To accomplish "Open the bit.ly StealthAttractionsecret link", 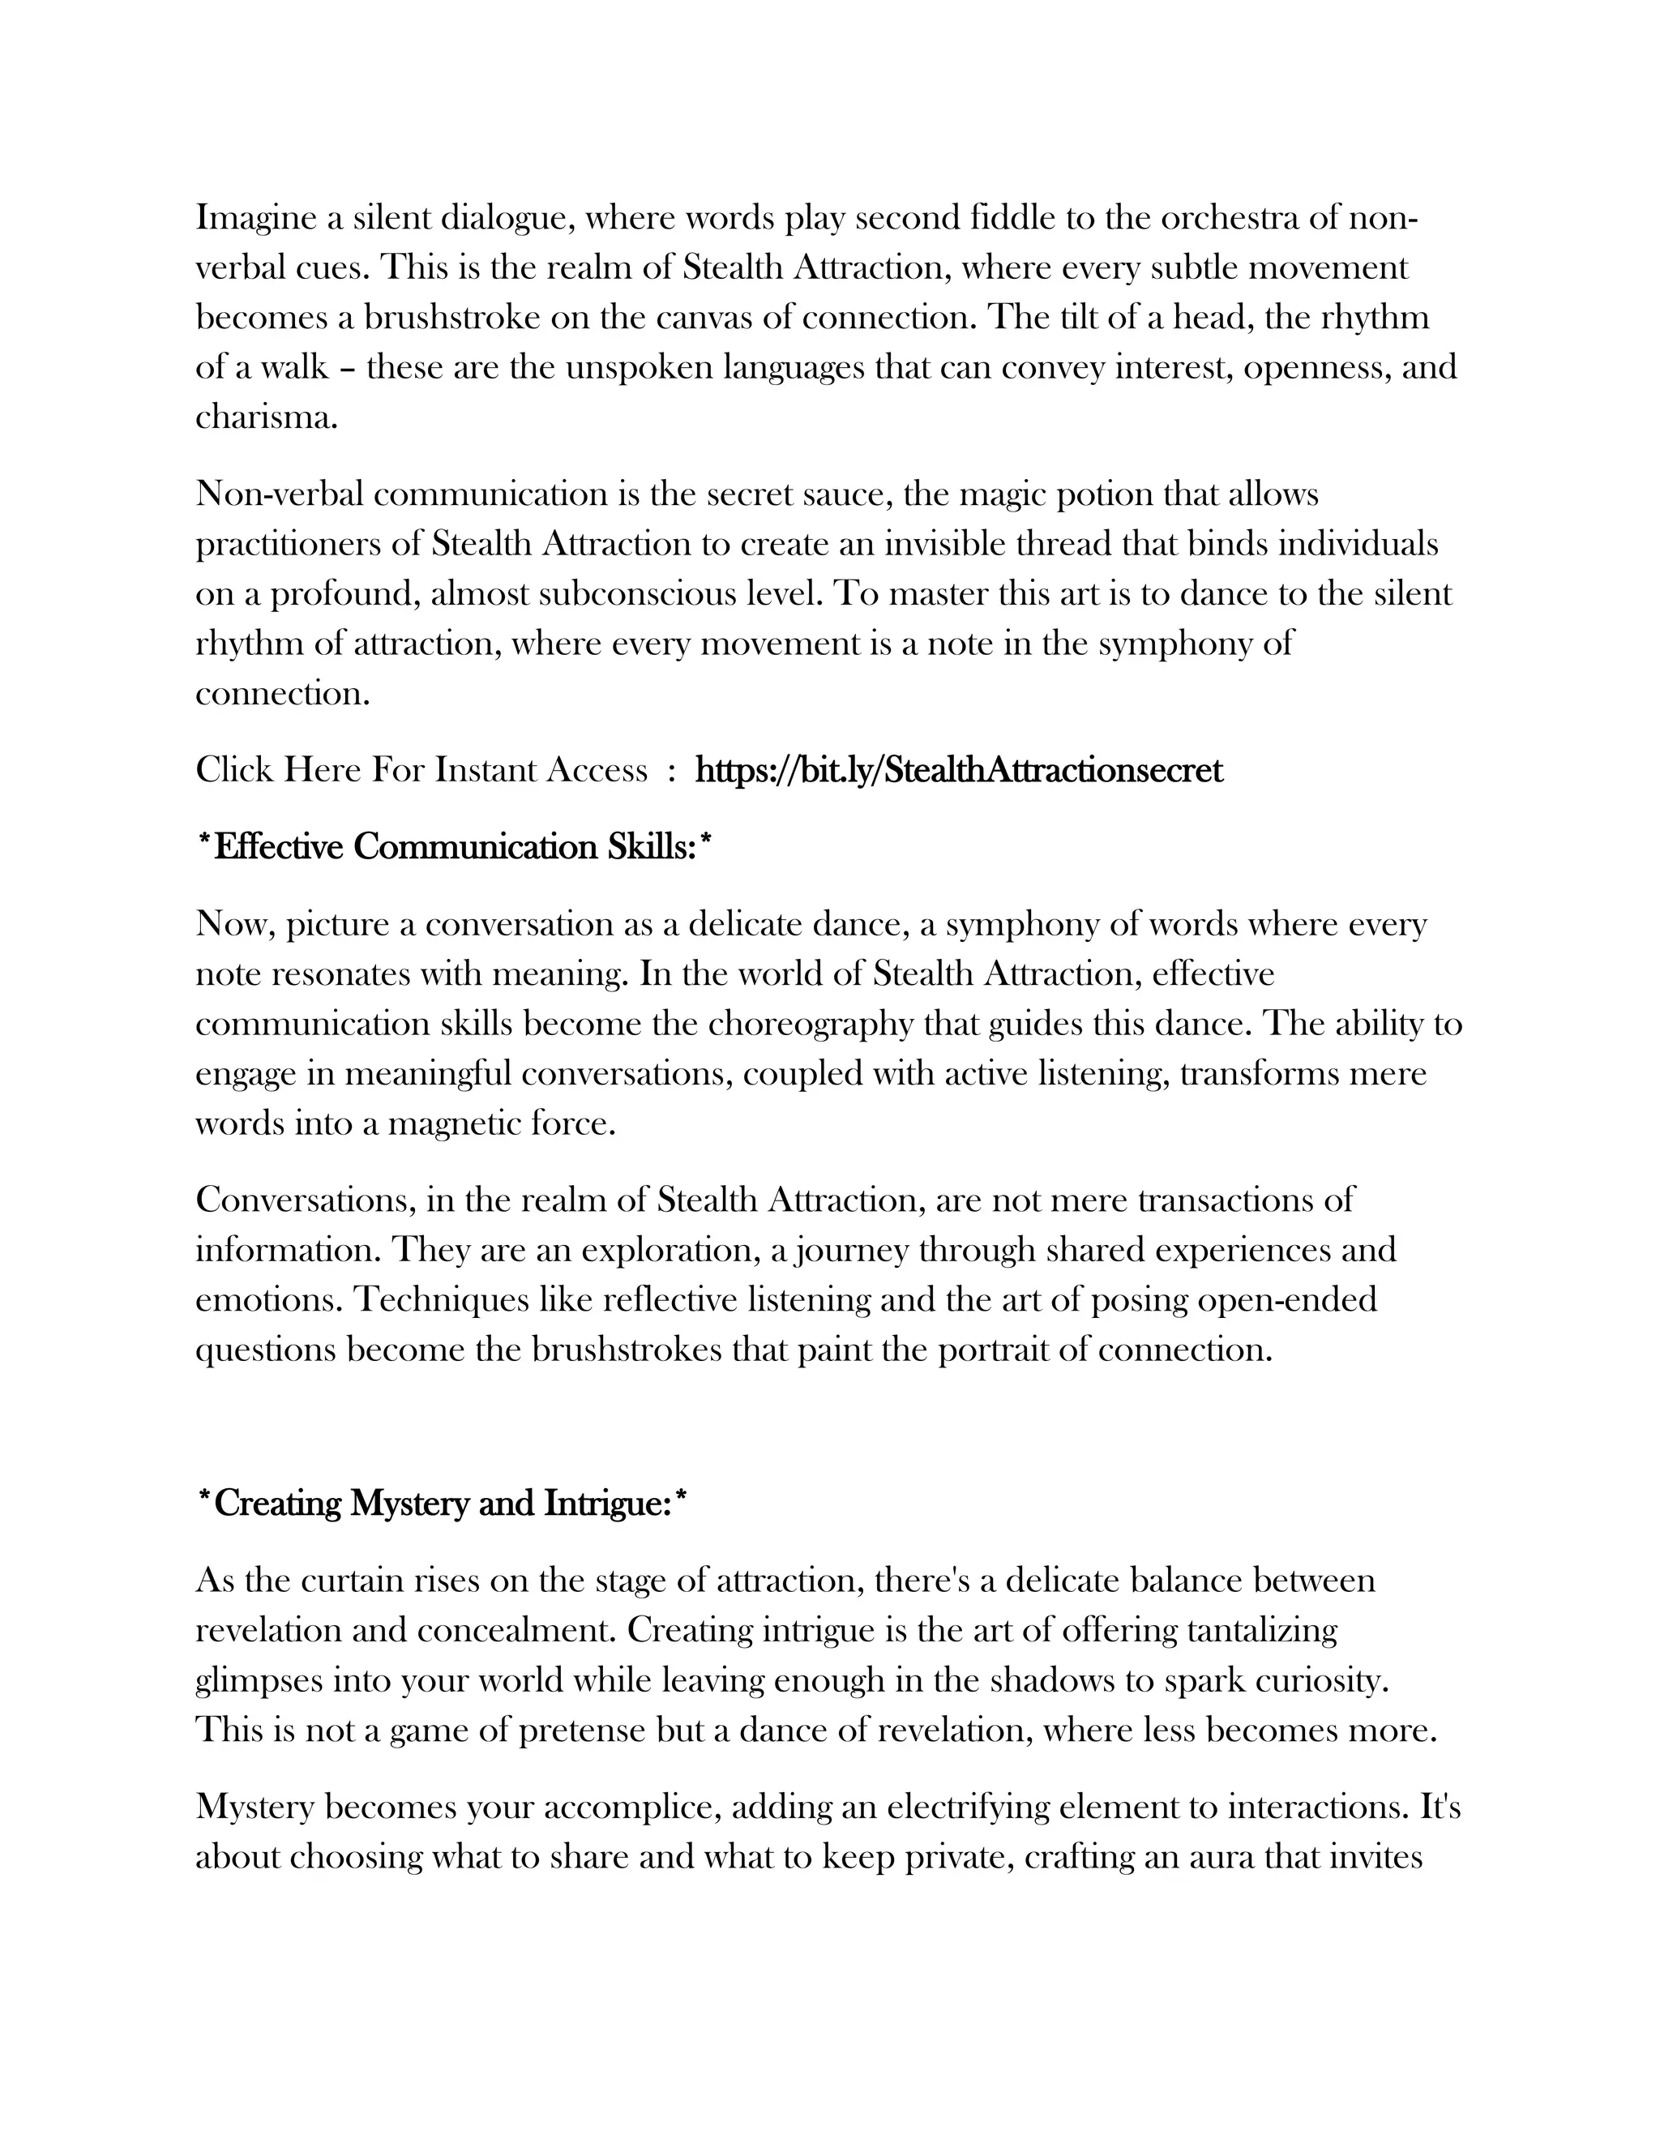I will click(959, 769).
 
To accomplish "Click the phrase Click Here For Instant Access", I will click(421, 769).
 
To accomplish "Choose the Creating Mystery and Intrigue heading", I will click(442, 1504).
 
